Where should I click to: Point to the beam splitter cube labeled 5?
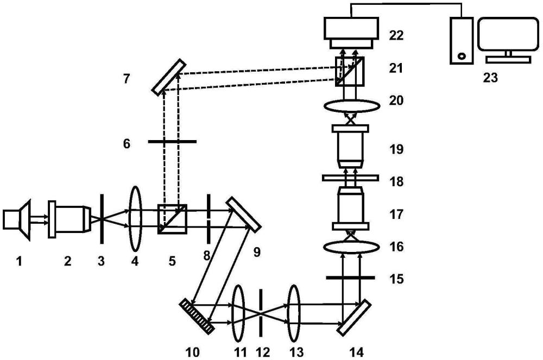pos(172,218)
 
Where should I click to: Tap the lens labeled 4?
pos(135,214)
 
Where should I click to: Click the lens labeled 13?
pos(294,307)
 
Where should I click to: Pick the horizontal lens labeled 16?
pos(350,247)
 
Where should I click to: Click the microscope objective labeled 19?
pos(350,147)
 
